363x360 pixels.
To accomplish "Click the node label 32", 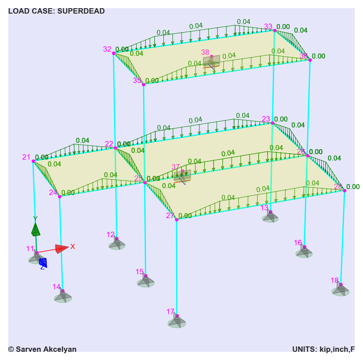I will [107, 49].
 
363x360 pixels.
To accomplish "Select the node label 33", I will [268, 27].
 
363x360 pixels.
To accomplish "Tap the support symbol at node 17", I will [177, 321].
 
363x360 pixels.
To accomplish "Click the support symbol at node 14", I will [63, 297].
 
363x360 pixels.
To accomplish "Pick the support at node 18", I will [340, 290].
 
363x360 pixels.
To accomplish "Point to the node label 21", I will [26, 157].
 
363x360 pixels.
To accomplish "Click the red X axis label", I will [73, 247].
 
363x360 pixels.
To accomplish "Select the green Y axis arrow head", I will [35, 230].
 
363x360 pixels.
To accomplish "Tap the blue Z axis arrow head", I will [43, 262].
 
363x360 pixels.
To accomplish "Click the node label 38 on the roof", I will [205, 53].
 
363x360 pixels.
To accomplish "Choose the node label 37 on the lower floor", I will [176, 167].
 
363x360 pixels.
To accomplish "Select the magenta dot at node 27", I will [177, 219].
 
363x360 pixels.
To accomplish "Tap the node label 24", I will [54, 192].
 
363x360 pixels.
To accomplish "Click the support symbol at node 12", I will [117, 244].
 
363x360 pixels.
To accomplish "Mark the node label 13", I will [265, 208].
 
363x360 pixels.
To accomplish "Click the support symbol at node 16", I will [304, 252].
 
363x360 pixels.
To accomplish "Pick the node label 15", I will [139, 272].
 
